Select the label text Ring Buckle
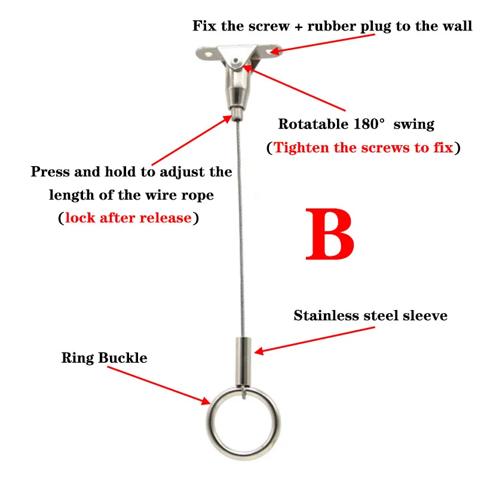point(104,358)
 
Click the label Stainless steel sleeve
point(370,315)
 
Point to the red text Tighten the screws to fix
point(363,148)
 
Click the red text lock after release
point(128,217)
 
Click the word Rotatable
point(311,124)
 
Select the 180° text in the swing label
point(366,124)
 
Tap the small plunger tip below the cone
point(238,111)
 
